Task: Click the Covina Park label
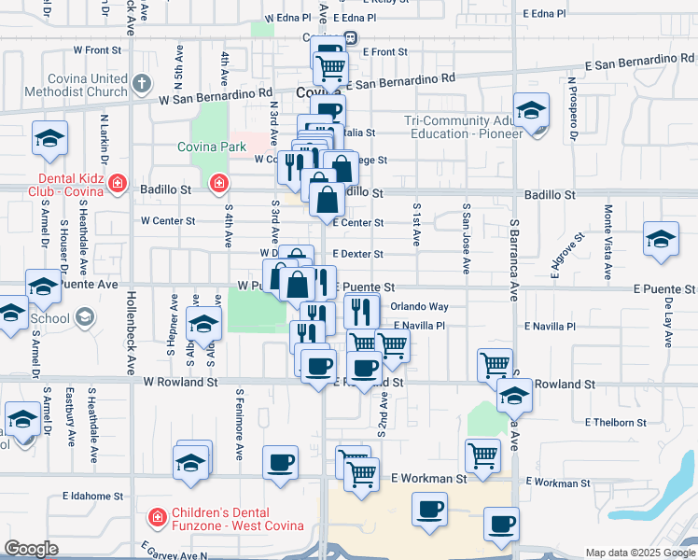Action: coord(214,147)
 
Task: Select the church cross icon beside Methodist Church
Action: coord(141,83)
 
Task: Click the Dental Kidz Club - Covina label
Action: coord(71,186)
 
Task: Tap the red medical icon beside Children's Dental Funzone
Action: coord(158,515)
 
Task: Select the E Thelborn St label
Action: coord(615,423)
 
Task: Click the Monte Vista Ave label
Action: coord(607,238)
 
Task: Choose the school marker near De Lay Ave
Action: coord(661,239)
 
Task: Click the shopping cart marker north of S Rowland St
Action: coord(494,365)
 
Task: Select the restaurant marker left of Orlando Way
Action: coord(360,309)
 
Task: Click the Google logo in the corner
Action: coord(31,549)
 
